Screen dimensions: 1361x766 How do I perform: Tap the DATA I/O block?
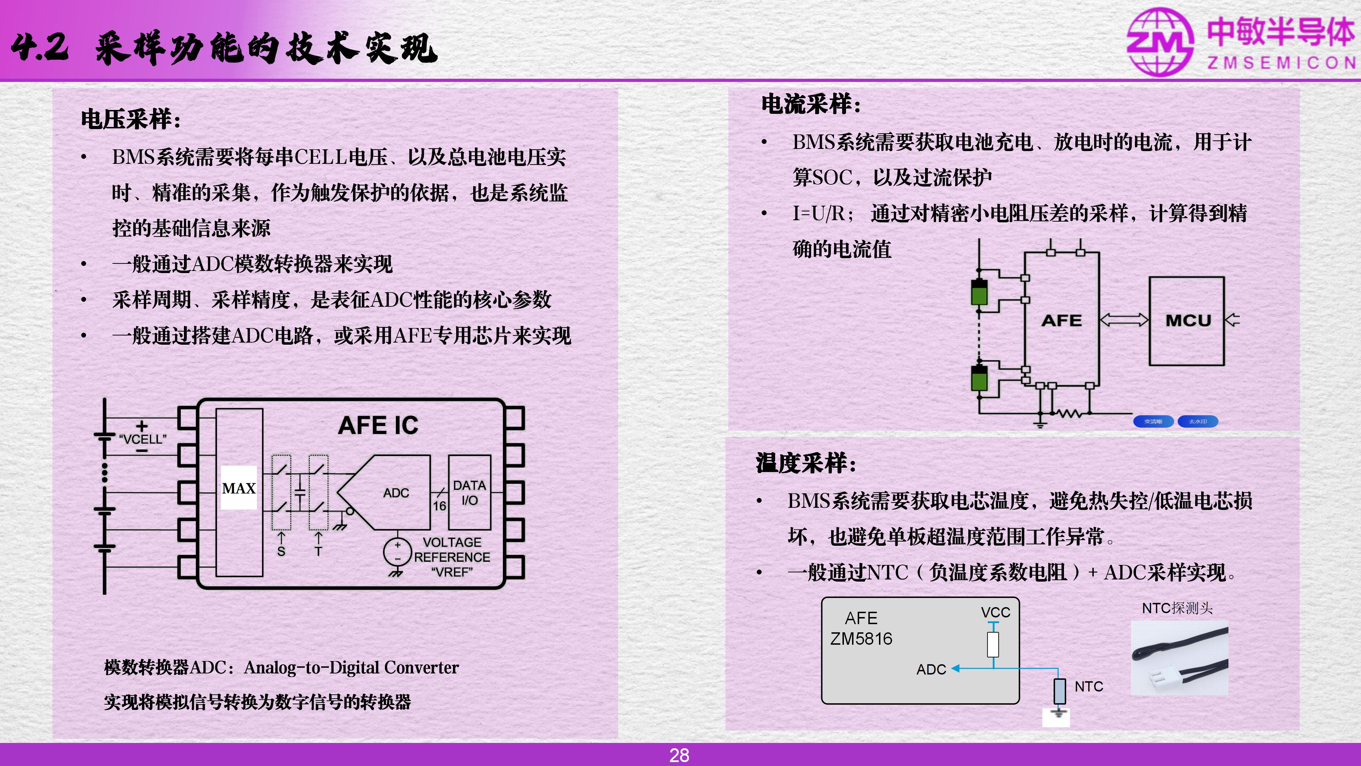pos(469,492)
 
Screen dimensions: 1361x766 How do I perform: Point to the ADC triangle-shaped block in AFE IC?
pos(383,492)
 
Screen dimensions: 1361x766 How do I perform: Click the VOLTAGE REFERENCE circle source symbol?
pos(397,552)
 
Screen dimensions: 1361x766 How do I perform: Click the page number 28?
pos(679,755)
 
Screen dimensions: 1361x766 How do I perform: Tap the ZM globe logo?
pos(1160,42)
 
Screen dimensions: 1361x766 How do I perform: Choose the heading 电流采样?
pos(811,104)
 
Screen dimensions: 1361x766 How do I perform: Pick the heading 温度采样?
pos(806,463)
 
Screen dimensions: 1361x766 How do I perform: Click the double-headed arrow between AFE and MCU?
pos(1124,320)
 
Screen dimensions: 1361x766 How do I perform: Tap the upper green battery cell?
pos(979,292)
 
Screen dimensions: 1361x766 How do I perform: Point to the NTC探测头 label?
pos(1177,608)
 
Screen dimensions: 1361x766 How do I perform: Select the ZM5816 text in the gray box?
pos(861,639)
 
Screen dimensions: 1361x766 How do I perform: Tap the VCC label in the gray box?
pos(995,612)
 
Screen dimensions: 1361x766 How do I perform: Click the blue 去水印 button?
pos(1198,421)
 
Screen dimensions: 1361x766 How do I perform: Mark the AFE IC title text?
pos(378,426)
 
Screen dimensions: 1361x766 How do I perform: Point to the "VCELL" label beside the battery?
pos(142,439)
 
